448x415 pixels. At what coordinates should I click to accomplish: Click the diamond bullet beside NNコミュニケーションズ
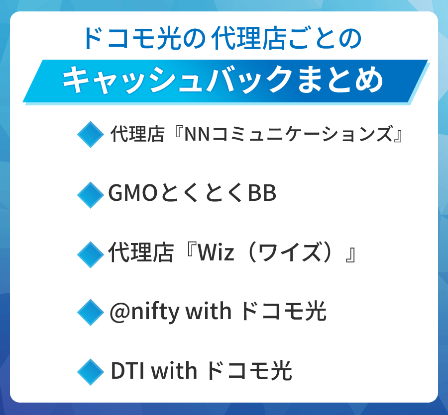91,134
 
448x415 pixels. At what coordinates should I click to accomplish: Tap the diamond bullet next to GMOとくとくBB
91,195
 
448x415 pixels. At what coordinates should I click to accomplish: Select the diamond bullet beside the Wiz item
91,254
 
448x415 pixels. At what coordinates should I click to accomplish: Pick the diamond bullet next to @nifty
91,312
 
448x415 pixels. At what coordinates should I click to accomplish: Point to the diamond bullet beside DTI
91,372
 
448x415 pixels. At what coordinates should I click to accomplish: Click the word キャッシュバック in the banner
177,80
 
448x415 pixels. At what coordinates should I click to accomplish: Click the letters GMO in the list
133,193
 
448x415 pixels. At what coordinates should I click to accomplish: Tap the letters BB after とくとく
262,193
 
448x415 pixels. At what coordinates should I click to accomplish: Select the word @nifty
145,312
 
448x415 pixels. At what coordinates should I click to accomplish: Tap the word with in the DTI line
174,370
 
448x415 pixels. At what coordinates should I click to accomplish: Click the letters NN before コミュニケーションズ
198,134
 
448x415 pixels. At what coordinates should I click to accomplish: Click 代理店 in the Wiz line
141,252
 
